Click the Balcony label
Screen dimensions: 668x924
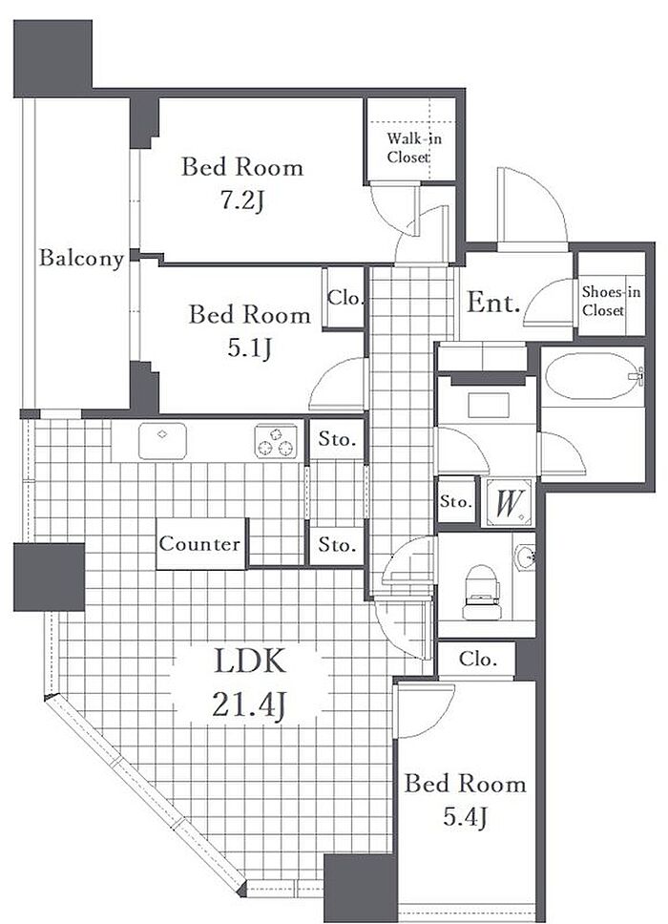pyautogui.click(x=81, y=258)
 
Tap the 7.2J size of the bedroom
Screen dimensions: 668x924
pyautogui.click(x=242, y=201)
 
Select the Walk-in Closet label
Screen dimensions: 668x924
pyautogui.click(x=413, y=148)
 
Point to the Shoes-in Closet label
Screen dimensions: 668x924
pyautogui.click(x=611, y=301)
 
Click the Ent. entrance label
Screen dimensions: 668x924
pyautogui.click(x=493, y=303)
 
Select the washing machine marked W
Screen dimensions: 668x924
pyautogui.click(x=507, y=503)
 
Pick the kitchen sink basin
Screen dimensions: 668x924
pyautogui.click(x=162, y=440)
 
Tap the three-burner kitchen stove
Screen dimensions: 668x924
pyautogui.click(x=276, y=441)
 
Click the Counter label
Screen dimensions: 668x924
pyautogui.click(x=199, y=543)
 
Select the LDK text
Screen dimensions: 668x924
pyautogui.click(x=250, y=661)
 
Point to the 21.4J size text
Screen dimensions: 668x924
pyautogui.click(x=249, y=704)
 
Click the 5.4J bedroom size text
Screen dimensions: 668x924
pyautogui.click(x=466, y=817)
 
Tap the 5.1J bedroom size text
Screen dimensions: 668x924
pyautogui.click(x=250, y=348)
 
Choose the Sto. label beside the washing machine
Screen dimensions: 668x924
pyautogui.click(x=456, y=501)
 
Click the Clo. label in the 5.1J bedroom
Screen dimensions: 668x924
pyautogui.click(x=345, y=298)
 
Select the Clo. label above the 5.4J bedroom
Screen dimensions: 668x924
pyautogui.click(x=477, y=659)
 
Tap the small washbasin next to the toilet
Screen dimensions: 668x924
pyautogui.click(x=525, y=557)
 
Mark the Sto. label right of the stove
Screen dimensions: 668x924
pyautogui.click(x=337, y=439)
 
